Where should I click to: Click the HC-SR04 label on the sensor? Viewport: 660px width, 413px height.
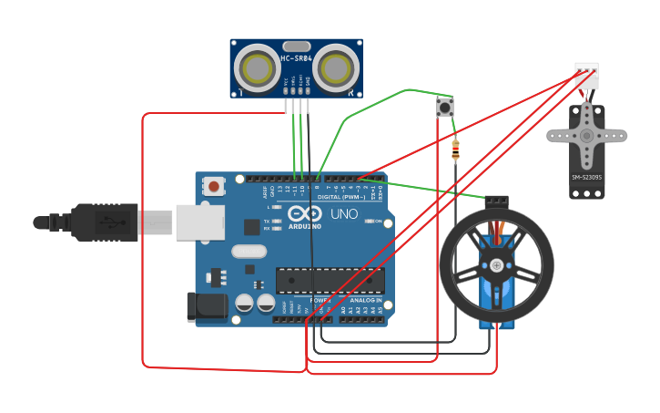[296, 58]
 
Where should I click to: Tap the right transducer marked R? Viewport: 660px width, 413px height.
[337, 67]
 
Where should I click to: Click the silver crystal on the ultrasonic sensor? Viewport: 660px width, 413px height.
[296, 46]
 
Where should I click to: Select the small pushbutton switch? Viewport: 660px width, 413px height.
[445, 108]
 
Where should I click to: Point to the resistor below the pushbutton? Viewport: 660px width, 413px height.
[455, 150]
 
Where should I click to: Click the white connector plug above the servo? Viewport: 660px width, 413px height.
[586, 76]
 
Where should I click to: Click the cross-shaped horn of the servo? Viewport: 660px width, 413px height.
[586, 136]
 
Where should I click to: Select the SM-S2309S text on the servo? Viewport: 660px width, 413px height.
[586, 177]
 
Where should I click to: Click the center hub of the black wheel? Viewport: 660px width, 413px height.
[496, 265]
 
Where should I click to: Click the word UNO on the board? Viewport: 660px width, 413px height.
[343, 215]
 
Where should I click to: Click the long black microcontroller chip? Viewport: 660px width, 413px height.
[330, 281]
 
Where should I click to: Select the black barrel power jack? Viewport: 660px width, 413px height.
[206, 306]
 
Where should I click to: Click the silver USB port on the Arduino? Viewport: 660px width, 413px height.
[199, 222]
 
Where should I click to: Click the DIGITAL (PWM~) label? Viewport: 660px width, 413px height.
[341, 197]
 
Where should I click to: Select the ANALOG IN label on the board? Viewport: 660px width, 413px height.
[366, 299]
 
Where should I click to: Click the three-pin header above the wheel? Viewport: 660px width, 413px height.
[496, 200]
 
